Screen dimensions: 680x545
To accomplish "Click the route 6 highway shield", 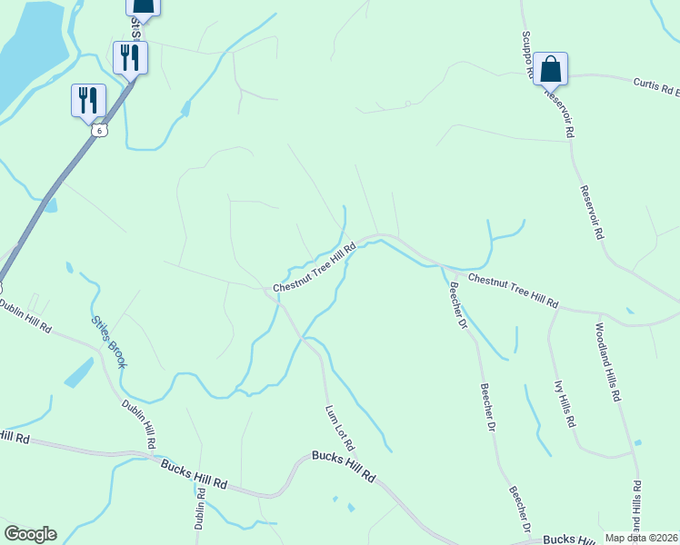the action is coord(98,130).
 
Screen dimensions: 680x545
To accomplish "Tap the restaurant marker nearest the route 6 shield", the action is coord(88,99).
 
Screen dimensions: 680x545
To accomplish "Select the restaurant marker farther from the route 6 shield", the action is coord(127,57).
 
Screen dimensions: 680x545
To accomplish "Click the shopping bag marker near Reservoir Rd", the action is coord(550,68).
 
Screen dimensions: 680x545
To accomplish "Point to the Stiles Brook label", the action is coord(108,342).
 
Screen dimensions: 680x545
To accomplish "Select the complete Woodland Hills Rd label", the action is coord(608,362).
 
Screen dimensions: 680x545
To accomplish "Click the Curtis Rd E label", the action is coord(656,88).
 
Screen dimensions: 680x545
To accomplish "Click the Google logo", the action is coord(30,534).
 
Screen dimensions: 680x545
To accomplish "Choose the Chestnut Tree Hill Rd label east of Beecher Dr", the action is coord(513,291).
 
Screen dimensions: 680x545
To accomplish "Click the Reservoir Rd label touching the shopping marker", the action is coord(559,112).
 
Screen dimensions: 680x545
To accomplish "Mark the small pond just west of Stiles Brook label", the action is coord(79,372).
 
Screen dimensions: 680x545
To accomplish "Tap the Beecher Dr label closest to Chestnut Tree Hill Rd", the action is coord(456,306).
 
